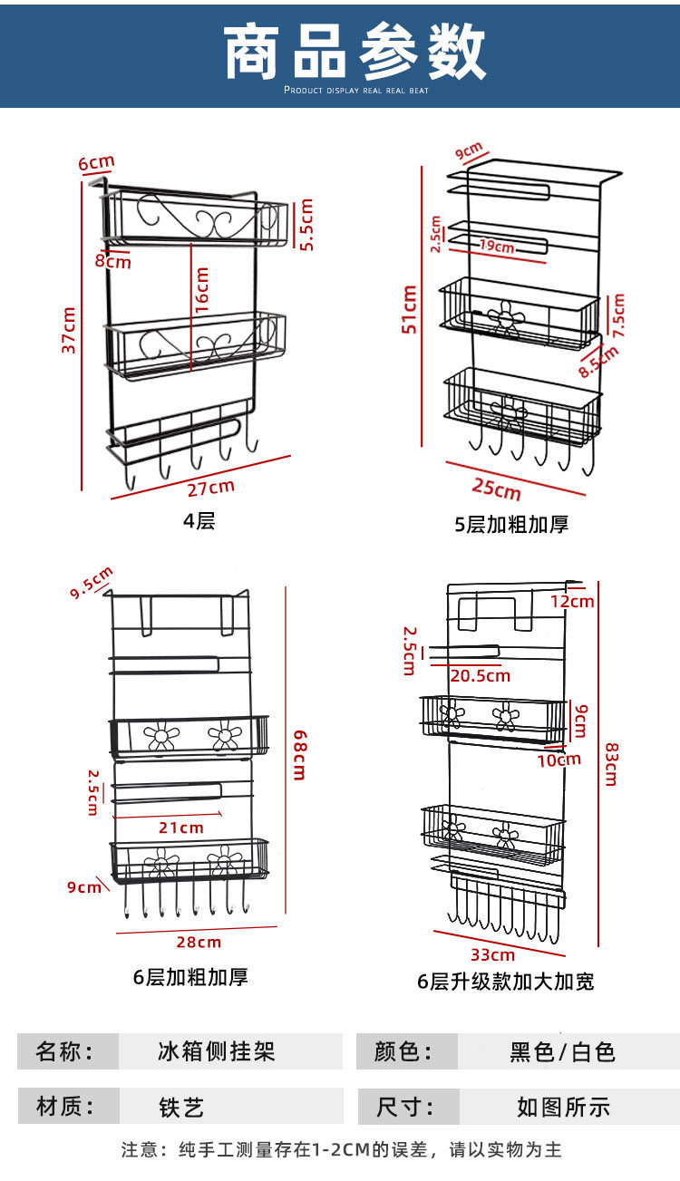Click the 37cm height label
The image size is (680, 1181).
(69, 330)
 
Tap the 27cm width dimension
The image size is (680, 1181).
(210, 488)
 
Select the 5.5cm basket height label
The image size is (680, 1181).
(306, 224)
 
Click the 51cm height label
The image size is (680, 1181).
(410, 309)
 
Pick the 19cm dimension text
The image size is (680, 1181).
(497, 247)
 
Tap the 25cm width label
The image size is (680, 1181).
(497, 489)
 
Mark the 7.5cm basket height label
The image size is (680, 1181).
(619, 315)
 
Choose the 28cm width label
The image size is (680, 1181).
(199, 942)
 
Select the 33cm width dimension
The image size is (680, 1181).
(493, 954)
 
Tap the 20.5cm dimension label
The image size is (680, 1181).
(480, 675)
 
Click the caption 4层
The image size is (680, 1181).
(199, 521)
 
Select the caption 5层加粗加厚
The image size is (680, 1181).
(511, 524)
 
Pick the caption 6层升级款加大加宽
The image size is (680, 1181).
(506, 981)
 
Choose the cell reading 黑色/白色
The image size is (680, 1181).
(563, 1051)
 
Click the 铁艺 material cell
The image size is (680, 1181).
(181, 1107)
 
